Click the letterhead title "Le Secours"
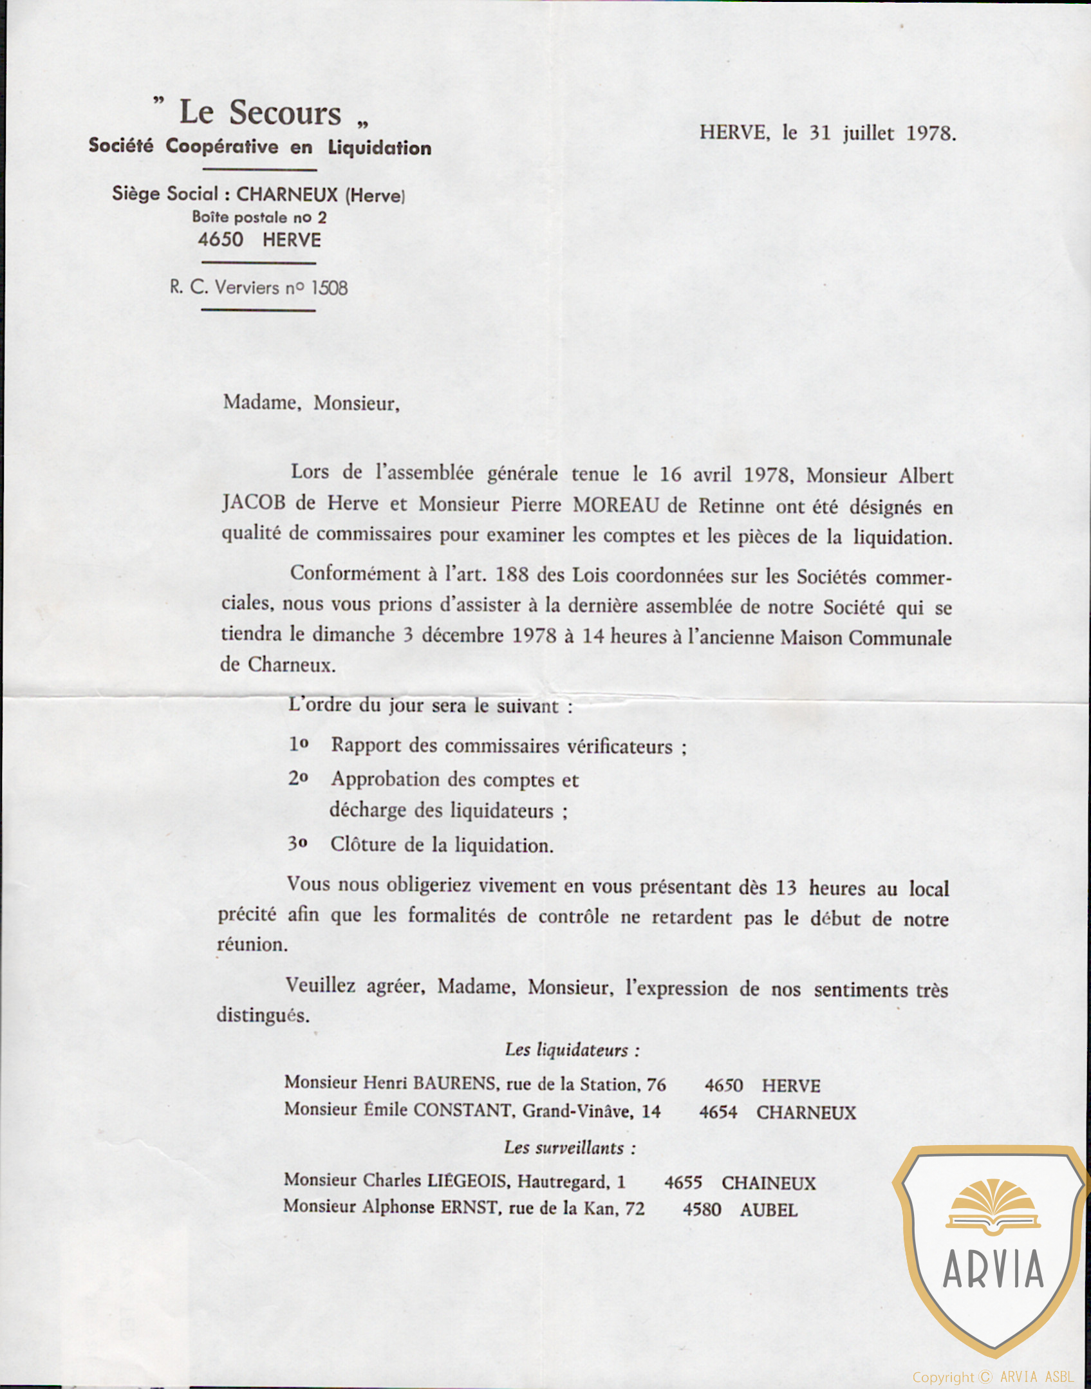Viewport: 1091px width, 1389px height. coord(260,113)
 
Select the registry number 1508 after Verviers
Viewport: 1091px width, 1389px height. coord(329,288)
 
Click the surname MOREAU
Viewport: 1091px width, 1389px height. coord(616,505)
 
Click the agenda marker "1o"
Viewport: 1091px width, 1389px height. coord(298,744)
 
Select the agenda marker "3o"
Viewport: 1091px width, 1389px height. coord(297,843)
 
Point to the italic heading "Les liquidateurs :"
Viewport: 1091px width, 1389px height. coord(572,1050)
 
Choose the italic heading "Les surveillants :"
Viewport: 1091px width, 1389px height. coord(570,1148)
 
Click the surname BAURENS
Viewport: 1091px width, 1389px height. coord(454,1084)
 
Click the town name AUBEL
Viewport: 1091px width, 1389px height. coord(769,1210)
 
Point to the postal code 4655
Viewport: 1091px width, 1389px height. coord(683,1183)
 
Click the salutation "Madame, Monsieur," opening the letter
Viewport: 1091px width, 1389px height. coord(311,404)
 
